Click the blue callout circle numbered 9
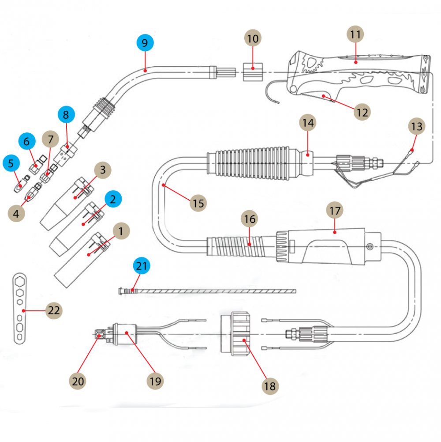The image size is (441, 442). click(145, 43)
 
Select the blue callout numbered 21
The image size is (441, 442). click(142, 266)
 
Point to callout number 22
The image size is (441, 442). click(54, 310)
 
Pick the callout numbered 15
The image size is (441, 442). click(198, 203)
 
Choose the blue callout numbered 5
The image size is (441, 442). click(11, 163)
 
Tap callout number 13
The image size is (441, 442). click(416, 127)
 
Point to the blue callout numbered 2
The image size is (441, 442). click(113, 199)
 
